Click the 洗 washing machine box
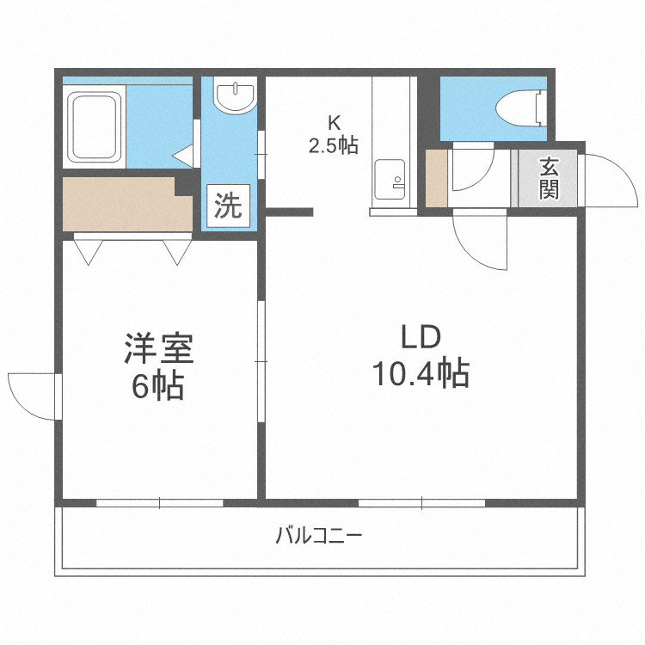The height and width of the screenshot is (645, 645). click(228, 206)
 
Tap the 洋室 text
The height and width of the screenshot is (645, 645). click(158, 350)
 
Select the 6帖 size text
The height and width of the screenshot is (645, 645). click(158, 386)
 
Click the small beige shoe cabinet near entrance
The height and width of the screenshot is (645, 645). click(437, 179)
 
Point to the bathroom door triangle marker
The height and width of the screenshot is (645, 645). click(185, 155)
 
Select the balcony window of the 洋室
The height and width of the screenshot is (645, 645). click(160, 502)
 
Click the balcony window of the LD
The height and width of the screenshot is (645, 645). click(421, 502)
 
